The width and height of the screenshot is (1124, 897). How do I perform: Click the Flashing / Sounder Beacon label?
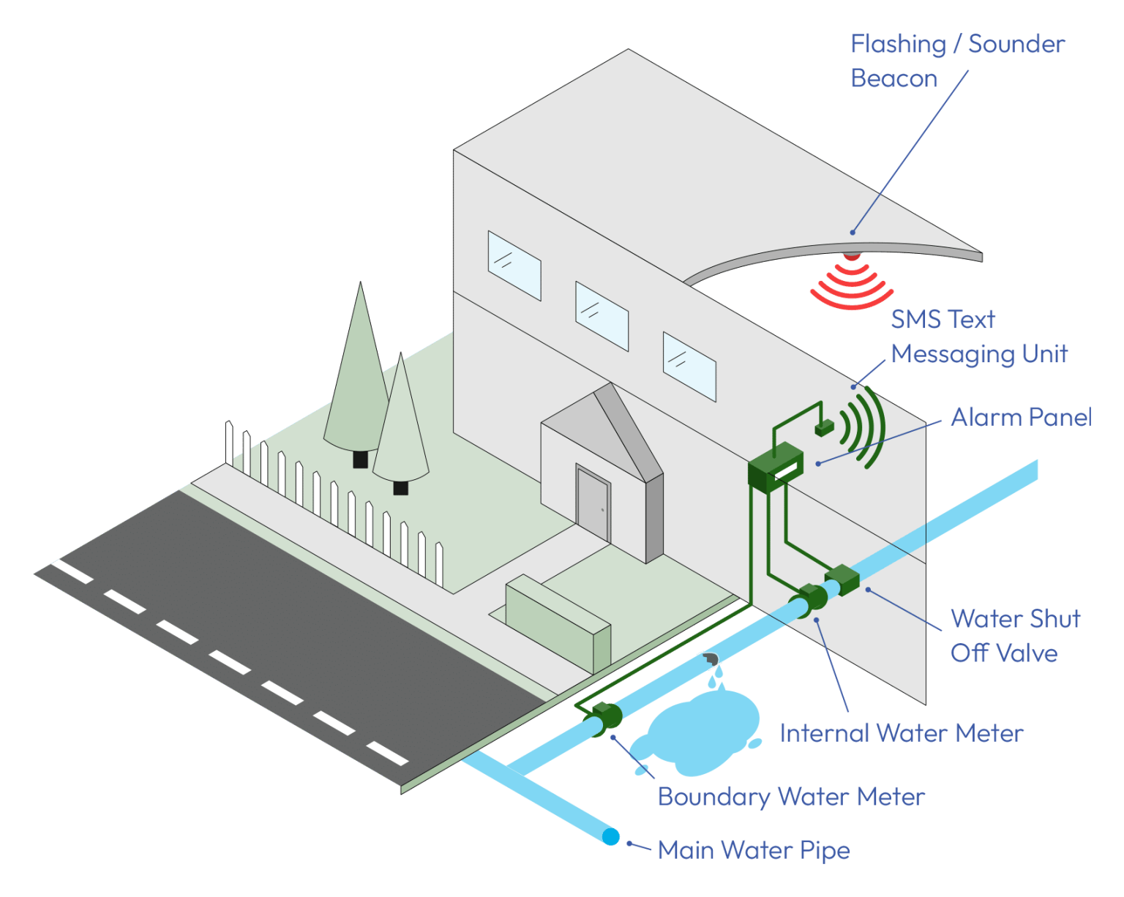click(x=957, y=61)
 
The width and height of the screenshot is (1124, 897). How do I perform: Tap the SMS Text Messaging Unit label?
click(x=979, y=337)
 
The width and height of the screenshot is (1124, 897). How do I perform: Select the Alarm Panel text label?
click(x=1021, y=417)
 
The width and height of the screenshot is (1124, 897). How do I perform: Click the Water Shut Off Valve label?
click(x=1014, y=636)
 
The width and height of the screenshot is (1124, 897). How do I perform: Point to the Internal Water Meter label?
click(x=901, y=733)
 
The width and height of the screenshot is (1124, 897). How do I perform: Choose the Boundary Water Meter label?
click(x=791, y=797)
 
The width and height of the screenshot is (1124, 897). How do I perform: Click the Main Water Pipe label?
click(x=754, y=850)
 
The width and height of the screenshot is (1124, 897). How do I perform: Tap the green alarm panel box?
click(x=775, y=465)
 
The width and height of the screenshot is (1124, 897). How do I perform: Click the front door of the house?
click(x=593, y=505)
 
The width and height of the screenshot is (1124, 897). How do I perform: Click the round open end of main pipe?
click(x=610, y=836)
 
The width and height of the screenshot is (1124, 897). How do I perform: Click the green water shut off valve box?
click(x=842, y=579)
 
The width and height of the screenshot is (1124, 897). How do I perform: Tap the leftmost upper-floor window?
click(x=514, y=266)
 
